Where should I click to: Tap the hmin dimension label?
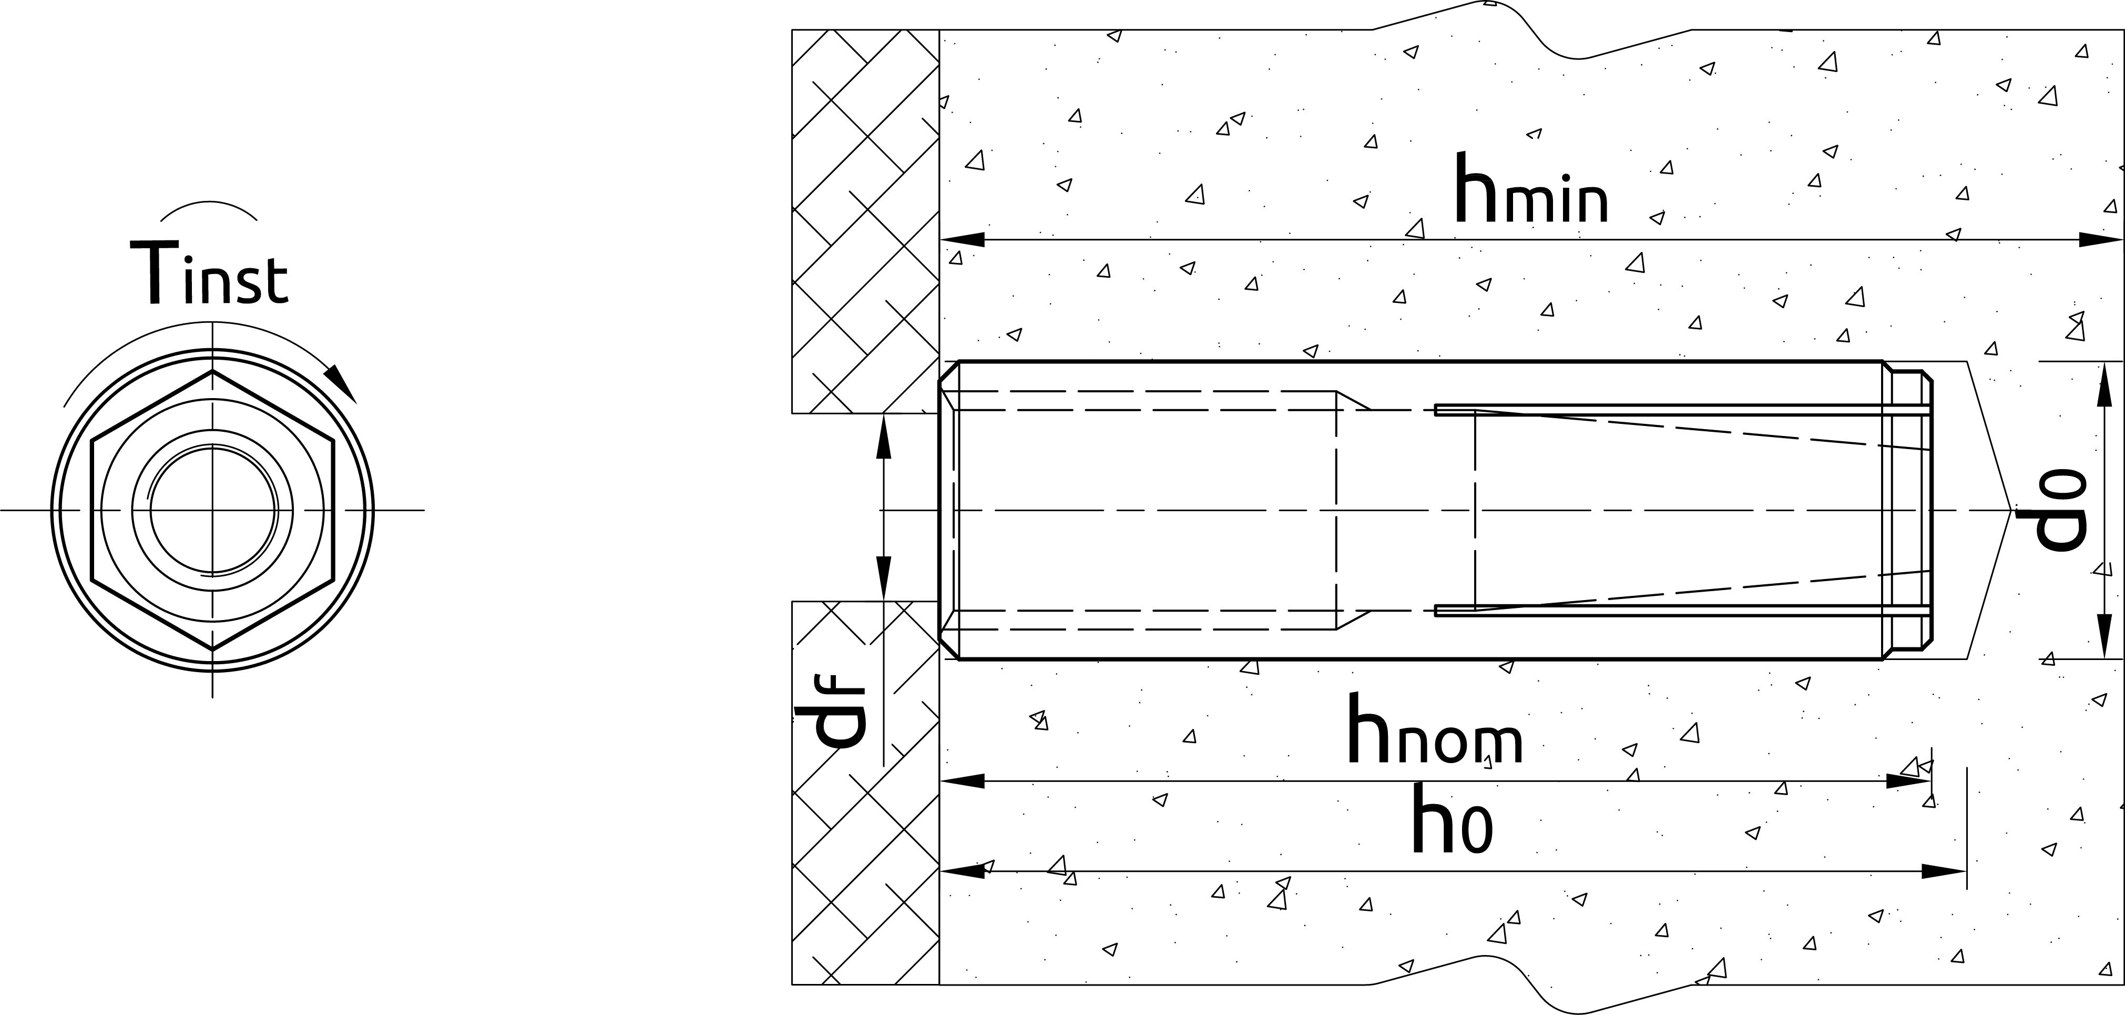click(1531, 188)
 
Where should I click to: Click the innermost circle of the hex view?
click(213, 510)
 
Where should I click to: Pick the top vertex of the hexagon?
click(213, 371)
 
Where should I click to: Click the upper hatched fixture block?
click(865, 221)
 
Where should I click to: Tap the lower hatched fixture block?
click(865, 792)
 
